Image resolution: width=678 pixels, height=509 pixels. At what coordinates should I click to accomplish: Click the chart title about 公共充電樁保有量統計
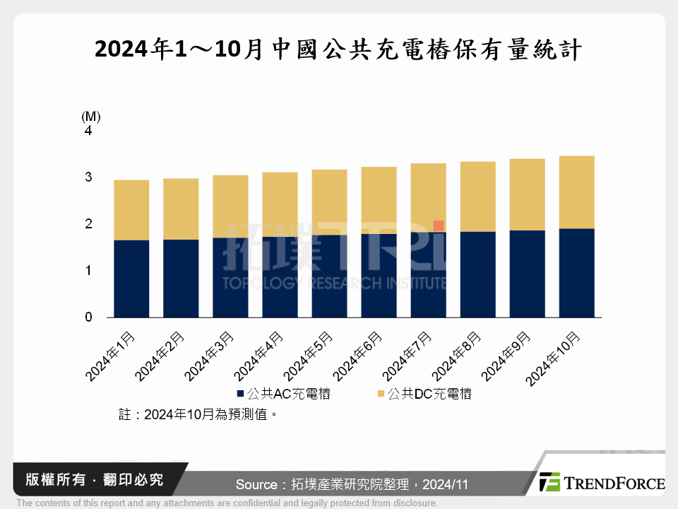pos(338,49)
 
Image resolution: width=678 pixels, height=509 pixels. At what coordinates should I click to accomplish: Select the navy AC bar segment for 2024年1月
pos(131,279)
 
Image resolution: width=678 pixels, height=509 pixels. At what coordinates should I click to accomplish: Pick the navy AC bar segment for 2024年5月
pos(329,276)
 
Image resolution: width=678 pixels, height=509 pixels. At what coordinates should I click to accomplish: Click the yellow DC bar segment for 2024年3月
pos(230,206)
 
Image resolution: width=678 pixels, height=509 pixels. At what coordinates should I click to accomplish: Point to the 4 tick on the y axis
pos(88,131)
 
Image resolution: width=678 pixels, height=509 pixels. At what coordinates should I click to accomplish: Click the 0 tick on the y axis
pos(88,317)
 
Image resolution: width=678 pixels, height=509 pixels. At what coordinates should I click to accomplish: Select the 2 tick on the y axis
pos(88,224)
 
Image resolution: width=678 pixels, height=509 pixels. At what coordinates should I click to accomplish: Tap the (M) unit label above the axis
pos(91,116)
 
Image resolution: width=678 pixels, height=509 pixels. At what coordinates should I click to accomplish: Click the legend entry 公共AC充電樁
pos(283,394)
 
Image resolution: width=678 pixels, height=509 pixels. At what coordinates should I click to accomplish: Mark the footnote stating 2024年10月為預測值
pos(196,415)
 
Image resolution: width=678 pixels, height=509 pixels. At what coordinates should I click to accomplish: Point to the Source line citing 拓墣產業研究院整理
pos(352,484)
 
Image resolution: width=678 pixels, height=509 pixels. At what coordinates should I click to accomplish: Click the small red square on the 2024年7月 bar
pos(439,226)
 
